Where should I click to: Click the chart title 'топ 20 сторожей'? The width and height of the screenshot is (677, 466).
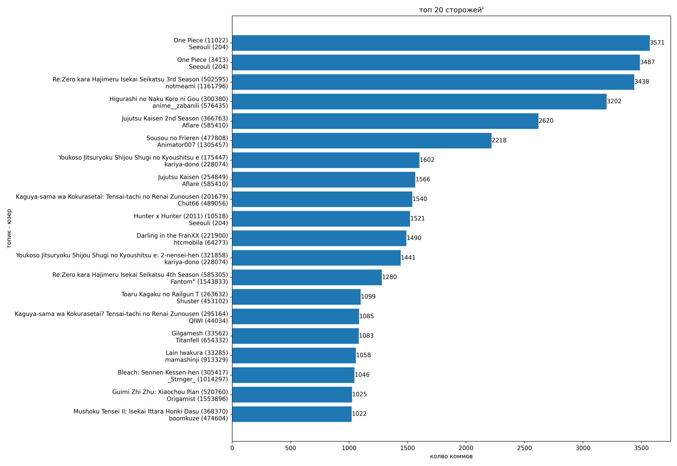pos(451,10)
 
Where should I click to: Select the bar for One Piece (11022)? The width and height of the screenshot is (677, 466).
pos(441,43)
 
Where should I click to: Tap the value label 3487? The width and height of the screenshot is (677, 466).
pos(647,62)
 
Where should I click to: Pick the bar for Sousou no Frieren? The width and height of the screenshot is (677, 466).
pos(361,141)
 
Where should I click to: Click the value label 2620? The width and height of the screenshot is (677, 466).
pos(546,121)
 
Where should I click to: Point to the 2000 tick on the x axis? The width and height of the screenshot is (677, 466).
pos(466,448)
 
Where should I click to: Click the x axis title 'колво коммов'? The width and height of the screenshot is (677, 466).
pos(451,456)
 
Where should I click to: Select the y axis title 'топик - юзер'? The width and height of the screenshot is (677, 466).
pos(9,228)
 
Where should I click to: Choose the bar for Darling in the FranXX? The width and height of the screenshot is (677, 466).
pos(319,238)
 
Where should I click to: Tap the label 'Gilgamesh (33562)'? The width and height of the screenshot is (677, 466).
pos(200,333)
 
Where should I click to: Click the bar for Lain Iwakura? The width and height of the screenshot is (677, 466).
pos(294,356)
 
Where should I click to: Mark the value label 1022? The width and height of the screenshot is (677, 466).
pos(359,414)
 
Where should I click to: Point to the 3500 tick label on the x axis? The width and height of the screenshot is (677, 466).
pos(641,448)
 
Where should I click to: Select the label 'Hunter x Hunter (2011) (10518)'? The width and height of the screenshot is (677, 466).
pos(181,216)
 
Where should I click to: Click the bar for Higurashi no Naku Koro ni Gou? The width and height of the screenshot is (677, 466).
pos(419,101)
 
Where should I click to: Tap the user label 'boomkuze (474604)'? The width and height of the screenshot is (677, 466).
pos(198,418)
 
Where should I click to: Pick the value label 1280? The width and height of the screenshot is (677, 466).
pos(389,277)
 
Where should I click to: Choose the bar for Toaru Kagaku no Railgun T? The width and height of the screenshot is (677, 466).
pos(296,297)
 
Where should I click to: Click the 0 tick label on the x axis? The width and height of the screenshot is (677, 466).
pos(232,448)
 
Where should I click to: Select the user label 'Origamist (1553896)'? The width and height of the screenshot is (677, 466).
pos(197,399)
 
